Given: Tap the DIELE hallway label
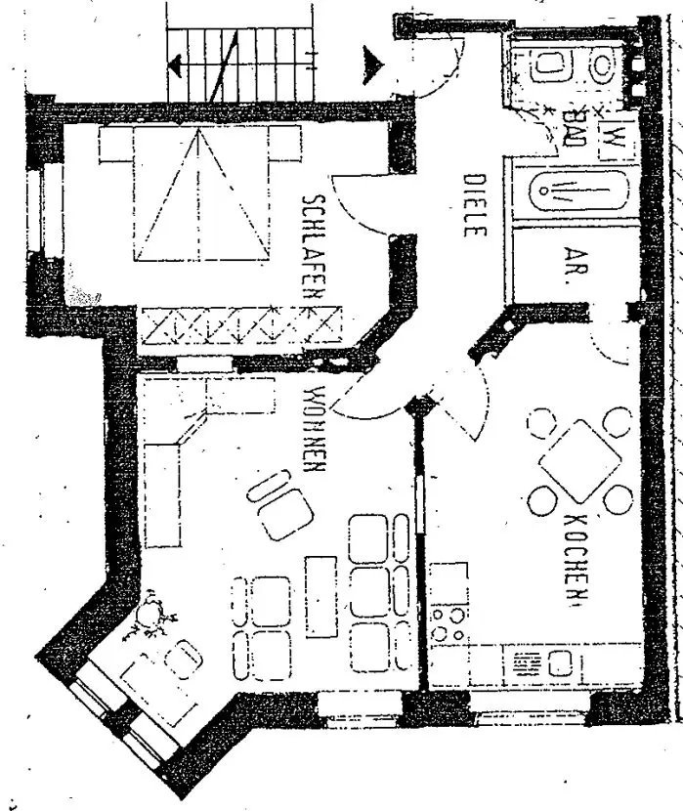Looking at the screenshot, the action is (474, 206).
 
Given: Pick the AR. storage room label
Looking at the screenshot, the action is (566, 263).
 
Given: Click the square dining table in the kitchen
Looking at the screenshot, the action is (579, 460).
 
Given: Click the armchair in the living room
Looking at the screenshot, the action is (279, 504).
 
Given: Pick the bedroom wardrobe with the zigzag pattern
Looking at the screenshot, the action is (240, 324).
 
